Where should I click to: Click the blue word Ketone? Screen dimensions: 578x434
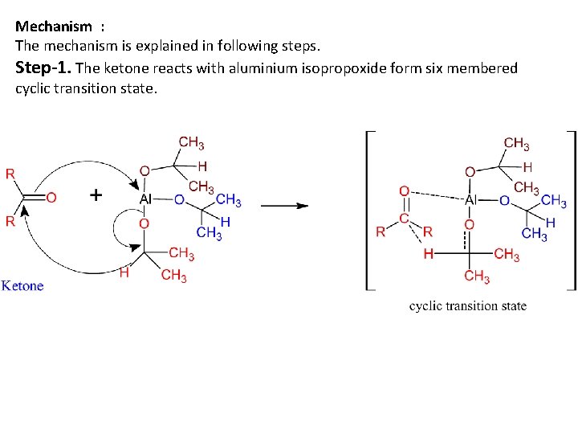(22, 285)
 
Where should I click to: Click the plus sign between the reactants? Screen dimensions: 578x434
(96, 195)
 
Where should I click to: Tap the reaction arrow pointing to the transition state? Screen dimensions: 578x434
(284, 205)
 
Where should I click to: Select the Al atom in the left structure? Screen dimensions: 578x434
(145, 199)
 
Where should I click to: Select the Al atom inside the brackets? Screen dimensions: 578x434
(471, 199)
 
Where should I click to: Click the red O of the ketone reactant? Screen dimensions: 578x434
(51, 198)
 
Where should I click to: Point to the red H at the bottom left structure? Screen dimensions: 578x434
(124, 273)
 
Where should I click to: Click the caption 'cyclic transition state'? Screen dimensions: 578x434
(468, 305)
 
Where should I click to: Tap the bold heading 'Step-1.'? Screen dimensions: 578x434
(43, 68)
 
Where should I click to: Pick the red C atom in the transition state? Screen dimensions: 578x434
(405, 218)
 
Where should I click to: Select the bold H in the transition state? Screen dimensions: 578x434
(428, 254)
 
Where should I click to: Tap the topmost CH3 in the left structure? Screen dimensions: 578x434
(191, 143)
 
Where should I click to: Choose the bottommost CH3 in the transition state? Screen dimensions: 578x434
(476, 277)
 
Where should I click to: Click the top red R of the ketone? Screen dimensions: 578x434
(10, 174)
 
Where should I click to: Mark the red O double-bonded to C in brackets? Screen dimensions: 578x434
(404, 191)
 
